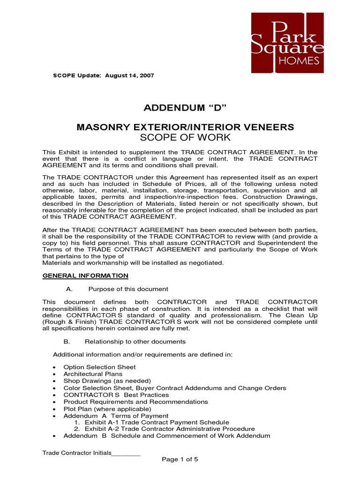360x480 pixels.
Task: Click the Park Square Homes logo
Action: (x=287, y=43)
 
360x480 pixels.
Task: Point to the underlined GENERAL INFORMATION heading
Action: (x=85, y=275)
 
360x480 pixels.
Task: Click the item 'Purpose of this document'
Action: (x=128, y=289)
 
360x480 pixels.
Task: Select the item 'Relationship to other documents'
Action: (x=135, y=341)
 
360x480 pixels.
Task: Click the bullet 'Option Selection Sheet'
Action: (x=99, y=367)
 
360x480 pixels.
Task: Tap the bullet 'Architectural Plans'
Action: (x=93, y=374)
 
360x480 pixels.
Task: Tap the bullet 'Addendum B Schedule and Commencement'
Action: (x=167, y=436)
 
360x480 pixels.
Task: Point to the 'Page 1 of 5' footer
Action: (x=180, y=459)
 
